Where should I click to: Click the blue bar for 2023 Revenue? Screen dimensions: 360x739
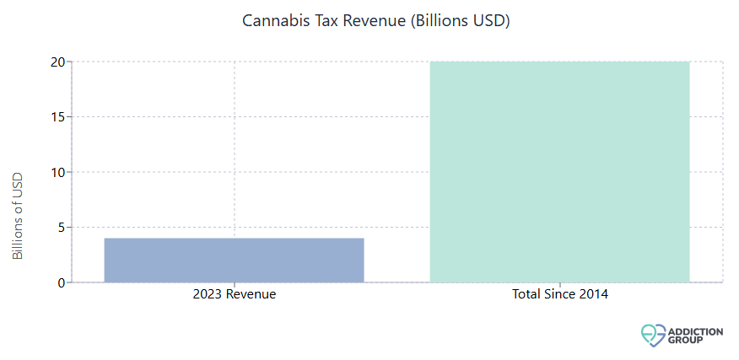[x=234, y=260]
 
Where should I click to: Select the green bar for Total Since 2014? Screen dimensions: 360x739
[x=559, y=172]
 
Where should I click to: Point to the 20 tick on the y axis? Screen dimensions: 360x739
[x=57, y=62]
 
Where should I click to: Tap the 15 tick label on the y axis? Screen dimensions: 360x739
[x=57, y=117]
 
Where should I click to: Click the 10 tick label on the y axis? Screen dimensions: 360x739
[x=57, y=172]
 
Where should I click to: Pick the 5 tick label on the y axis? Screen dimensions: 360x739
[x=61, y=228]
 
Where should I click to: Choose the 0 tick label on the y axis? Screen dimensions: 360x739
[x=61, y=282]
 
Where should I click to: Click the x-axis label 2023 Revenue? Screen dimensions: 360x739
[x=234, y=295]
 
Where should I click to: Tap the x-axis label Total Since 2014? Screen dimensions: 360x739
[x=559, y=295]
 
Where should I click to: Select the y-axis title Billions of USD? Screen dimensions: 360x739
[x=19, y=215]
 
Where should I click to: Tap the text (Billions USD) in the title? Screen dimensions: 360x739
[x=461, y=21]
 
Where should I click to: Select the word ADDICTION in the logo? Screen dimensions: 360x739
[x=694, y=331]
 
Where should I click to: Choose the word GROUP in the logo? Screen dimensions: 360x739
[x=685, y=341]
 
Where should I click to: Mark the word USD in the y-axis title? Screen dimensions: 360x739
[x=19, y=185]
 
